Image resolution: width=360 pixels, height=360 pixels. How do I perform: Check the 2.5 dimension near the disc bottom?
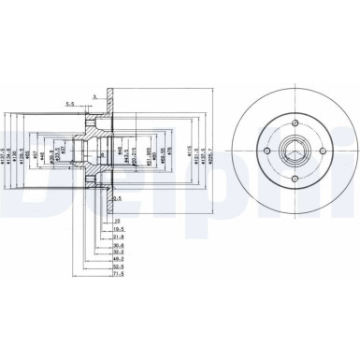[117, 199]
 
